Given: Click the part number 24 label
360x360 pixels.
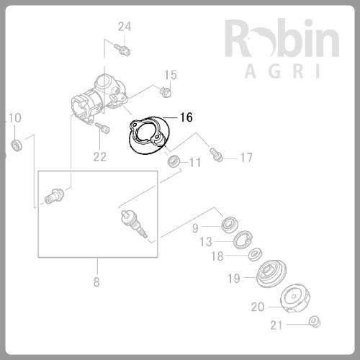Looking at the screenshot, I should [125, 27].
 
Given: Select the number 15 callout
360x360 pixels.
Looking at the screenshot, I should [170, 75].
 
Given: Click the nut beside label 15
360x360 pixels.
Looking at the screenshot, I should [165, 91].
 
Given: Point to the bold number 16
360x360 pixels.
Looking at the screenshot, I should [186, 117].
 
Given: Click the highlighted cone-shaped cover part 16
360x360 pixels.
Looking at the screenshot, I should [149, 138].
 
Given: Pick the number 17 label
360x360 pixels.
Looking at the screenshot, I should [246, 157].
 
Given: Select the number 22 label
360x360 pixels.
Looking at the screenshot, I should [99, 156].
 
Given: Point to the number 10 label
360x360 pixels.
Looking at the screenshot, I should [15, 117].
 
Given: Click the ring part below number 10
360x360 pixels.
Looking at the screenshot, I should [17, 148].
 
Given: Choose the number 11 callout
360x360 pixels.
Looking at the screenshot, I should [194, 163].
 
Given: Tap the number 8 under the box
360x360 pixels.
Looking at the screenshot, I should [96, 282].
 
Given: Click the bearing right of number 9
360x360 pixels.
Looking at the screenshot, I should [230, 224].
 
